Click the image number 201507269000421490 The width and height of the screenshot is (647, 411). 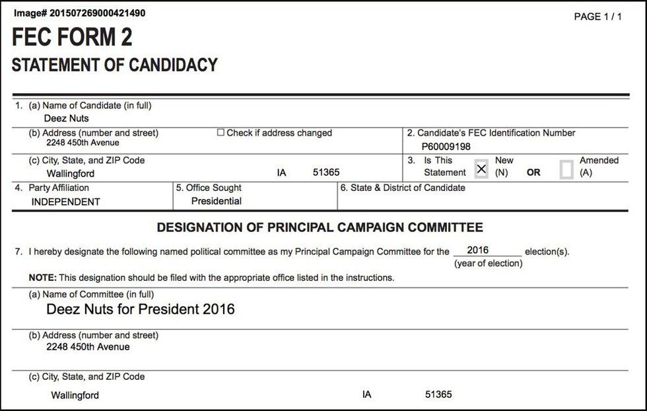coord(79,13)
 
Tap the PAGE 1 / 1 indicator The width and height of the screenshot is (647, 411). coord(597,17)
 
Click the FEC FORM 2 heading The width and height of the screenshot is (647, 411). coord(72,38)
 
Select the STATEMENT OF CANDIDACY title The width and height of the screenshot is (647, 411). coord(114,65)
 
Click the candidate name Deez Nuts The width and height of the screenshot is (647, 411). coord(66,119)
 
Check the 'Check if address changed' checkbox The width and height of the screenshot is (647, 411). coord(221,133)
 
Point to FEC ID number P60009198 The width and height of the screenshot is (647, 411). coord(446,146)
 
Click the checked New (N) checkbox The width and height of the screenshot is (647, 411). coord(481,169)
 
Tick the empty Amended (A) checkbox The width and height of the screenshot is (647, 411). coord(566,170)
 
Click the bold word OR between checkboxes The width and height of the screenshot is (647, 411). coord(533,172)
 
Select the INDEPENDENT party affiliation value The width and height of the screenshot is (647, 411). coord(65,202)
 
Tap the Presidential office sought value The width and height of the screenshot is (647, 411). coord(217,201)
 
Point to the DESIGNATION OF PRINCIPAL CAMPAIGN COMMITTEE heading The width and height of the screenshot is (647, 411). coord(320,228)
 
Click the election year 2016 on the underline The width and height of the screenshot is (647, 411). coord(477,250)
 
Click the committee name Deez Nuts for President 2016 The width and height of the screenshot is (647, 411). coord(141,309)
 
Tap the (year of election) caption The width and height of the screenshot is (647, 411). coord(488,264)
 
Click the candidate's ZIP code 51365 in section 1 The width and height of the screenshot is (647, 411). coord(326,172)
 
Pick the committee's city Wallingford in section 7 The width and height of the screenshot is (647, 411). coord(75,395)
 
